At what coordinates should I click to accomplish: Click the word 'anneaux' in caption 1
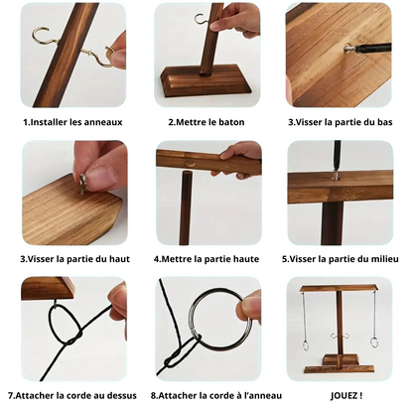pyautogui.click(x=103, y=122)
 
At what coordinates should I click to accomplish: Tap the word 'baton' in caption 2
pyautogui.click(x=231, y=122)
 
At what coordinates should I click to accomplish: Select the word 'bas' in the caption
pyautogui.click(x=384, y=122)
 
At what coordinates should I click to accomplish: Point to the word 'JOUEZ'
pyautogui.click(x=344, y=395)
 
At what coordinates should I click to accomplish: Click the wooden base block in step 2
pyautogui.click(x=206, y=80)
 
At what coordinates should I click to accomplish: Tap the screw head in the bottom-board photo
pyautogui.click(x=347, y=49)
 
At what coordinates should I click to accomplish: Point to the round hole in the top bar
pyautogui.click(x=191, y=163)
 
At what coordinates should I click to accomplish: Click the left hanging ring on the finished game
pyautogui.click(x=306, y=346)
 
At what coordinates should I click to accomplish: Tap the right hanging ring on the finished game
pyautogui.click(x=374, y=343)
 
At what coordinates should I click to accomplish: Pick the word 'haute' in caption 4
pyautogui.click(x=245, y=259)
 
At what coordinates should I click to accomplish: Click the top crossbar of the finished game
pyautogui.click(x=338, y=288)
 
